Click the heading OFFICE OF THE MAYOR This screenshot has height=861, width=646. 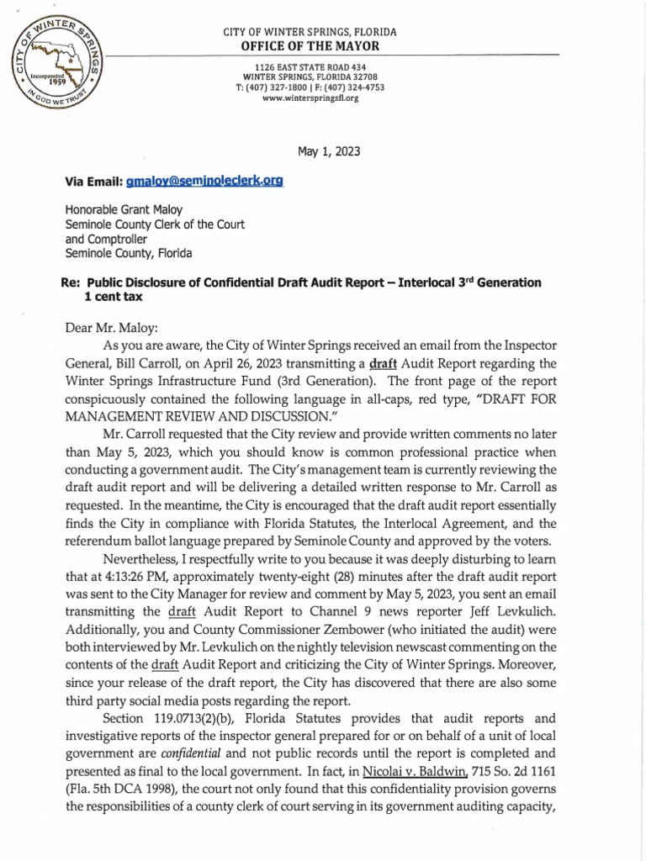[x=310, y=45]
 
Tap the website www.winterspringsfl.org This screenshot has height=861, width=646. [x=310, y=98]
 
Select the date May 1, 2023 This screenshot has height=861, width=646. [x=329, y=151]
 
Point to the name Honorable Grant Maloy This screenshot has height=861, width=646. [x=123, y=212]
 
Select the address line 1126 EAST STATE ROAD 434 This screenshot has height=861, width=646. [x=310, y=66]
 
